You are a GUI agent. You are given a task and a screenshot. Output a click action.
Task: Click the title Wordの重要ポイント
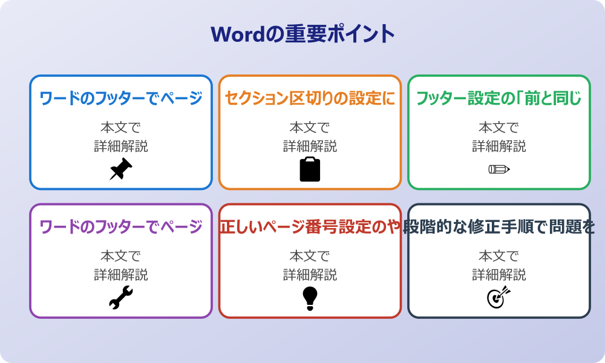point(302,34)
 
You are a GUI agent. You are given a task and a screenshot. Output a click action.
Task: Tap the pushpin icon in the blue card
point(120,169)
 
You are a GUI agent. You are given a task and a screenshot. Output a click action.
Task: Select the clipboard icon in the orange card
point(310,169)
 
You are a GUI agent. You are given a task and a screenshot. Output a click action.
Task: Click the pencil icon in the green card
point(499,169)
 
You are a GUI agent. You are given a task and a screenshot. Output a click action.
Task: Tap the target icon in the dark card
point(499,298)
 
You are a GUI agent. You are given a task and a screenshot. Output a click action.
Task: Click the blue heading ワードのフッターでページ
point(121,98)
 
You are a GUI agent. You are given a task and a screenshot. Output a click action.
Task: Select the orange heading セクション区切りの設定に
point(310,98)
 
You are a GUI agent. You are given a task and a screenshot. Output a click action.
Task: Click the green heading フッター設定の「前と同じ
point(499,98)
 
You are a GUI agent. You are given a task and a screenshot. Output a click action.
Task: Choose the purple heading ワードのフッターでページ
point(121,227)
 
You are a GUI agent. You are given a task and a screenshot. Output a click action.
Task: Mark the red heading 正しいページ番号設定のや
point(310,227)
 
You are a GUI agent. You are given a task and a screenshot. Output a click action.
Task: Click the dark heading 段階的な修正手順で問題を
point(500,227)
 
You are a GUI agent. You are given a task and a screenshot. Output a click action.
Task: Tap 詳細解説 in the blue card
point(121,146)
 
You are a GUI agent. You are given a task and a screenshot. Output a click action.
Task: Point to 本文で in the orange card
point(310,128)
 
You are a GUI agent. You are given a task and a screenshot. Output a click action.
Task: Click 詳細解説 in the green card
point(499,146)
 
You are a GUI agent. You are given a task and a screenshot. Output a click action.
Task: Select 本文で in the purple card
point(121,257)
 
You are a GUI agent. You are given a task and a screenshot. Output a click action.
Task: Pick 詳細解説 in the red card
point(310,275)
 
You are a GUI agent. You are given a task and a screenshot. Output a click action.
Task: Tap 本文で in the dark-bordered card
point(499,257)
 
